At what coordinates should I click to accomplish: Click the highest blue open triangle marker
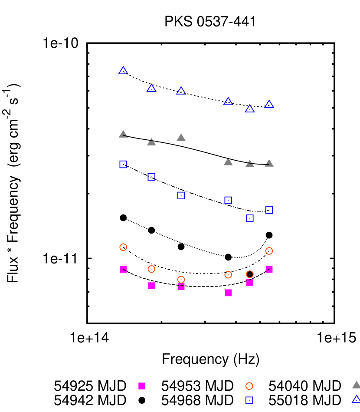click(123, 71)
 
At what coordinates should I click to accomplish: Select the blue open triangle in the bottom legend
click(356, 399)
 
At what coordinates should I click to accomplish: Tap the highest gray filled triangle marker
click(123, 134)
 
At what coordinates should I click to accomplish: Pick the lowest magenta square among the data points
click(228, 293)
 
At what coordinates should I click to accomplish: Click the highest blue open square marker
click(123, 164)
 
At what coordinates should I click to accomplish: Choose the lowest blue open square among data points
click(250, 218)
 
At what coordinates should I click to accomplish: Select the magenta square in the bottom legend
click(142, 386)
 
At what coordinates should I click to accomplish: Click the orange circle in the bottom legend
click(249, 386)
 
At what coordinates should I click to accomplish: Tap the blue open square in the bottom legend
click(249, 400)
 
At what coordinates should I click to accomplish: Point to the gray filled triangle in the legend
click(356, 385)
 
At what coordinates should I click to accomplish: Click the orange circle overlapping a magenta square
click(181, 280)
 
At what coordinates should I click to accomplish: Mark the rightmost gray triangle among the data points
click(269, 163)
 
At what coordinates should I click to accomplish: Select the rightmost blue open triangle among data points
click(269, 105)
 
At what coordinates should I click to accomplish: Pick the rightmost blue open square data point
click(269, 210)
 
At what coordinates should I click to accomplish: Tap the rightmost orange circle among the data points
click(269, 251)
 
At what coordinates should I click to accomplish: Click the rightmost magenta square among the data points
click(269, 269)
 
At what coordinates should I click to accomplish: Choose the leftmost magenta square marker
click(123, 270)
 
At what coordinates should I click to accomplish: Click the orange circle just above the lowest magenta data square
click(228, 275)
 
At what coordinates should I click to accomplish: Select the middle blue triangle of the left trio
click(151, 88)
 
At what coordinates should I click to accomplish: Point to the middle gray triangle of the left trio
click(151, 142)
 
